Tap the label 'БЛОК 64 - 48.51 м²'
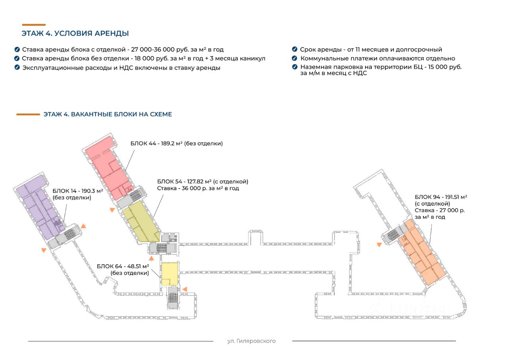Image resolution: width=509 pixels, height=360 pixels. point(123,267)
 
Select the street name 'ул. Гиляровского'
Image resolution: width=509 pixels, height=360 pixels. point(251,341)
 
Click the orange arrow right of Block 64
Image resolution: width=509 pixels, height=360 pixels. point(184,289)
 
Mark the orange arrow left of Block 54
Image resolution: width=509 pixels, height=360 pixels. point(113,210)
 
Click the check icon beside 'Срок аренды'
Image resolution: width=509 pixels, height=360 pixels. point(294,49)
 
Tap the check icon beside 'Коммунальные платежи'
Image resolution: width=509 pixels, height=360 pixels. point(294,58)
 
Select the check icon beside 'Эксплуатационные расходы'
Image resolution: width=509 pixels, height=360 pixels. point(17,68)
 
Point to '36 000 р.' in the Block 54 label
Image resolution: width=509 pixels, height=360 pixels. point(194,189)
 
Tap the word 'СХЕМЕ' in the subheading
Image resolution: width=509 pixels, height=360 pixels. point(161,114)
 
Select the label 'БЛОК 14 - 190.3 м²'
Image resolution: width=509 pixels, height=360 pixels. point(78,191)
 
